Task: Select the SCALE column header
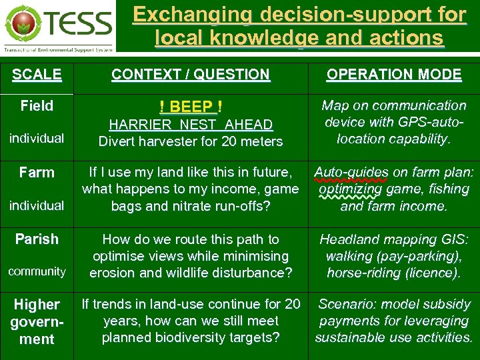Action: [x=37, y=75]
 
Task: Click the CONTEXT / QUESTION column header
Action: [x=191, y=75]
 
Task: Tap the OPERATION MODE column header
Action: [x=393, y=75]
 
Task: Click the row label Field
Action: [x=37, y=106]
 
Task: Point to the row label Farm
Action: [x=37, y=173]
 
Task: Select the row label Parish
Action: [x=37, y=239]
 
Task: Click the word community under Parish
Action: [x=37, y=271]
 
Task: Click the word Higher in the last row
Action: [x=37, y=305]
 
